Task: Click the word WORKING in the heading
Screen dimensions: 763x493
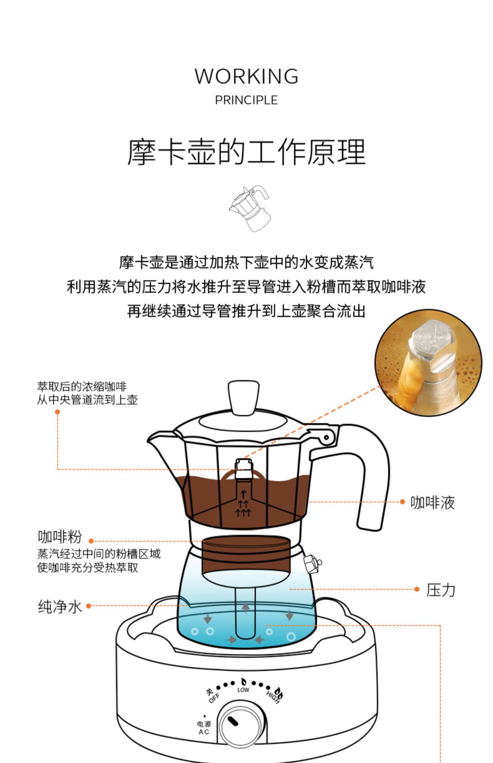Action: pos(246,76)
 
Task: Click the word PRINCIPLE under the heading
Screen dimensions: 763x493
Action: pos(246,100)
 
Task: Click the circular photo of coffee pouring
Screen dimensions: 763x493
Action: pos(428,363)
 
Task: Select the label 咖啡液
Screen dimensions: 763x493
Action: pos(432,502)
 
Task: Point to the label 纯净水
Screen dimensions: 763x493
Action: pos(59,606)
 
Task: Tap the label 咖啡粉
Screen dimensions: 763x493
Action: pos(59,537)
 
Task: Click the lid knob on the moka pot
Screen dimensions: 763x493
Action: pos(244,398)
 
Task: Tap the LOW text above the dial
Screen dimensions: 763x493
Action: pos(243,690)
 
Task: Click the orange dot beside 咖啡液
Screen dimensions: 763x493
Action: pos(402,502)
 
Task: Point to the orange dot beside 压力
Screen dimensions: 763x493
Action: pos(417,589)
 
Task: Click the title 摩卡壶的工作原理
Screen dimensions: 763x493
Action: pos(246,152)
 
